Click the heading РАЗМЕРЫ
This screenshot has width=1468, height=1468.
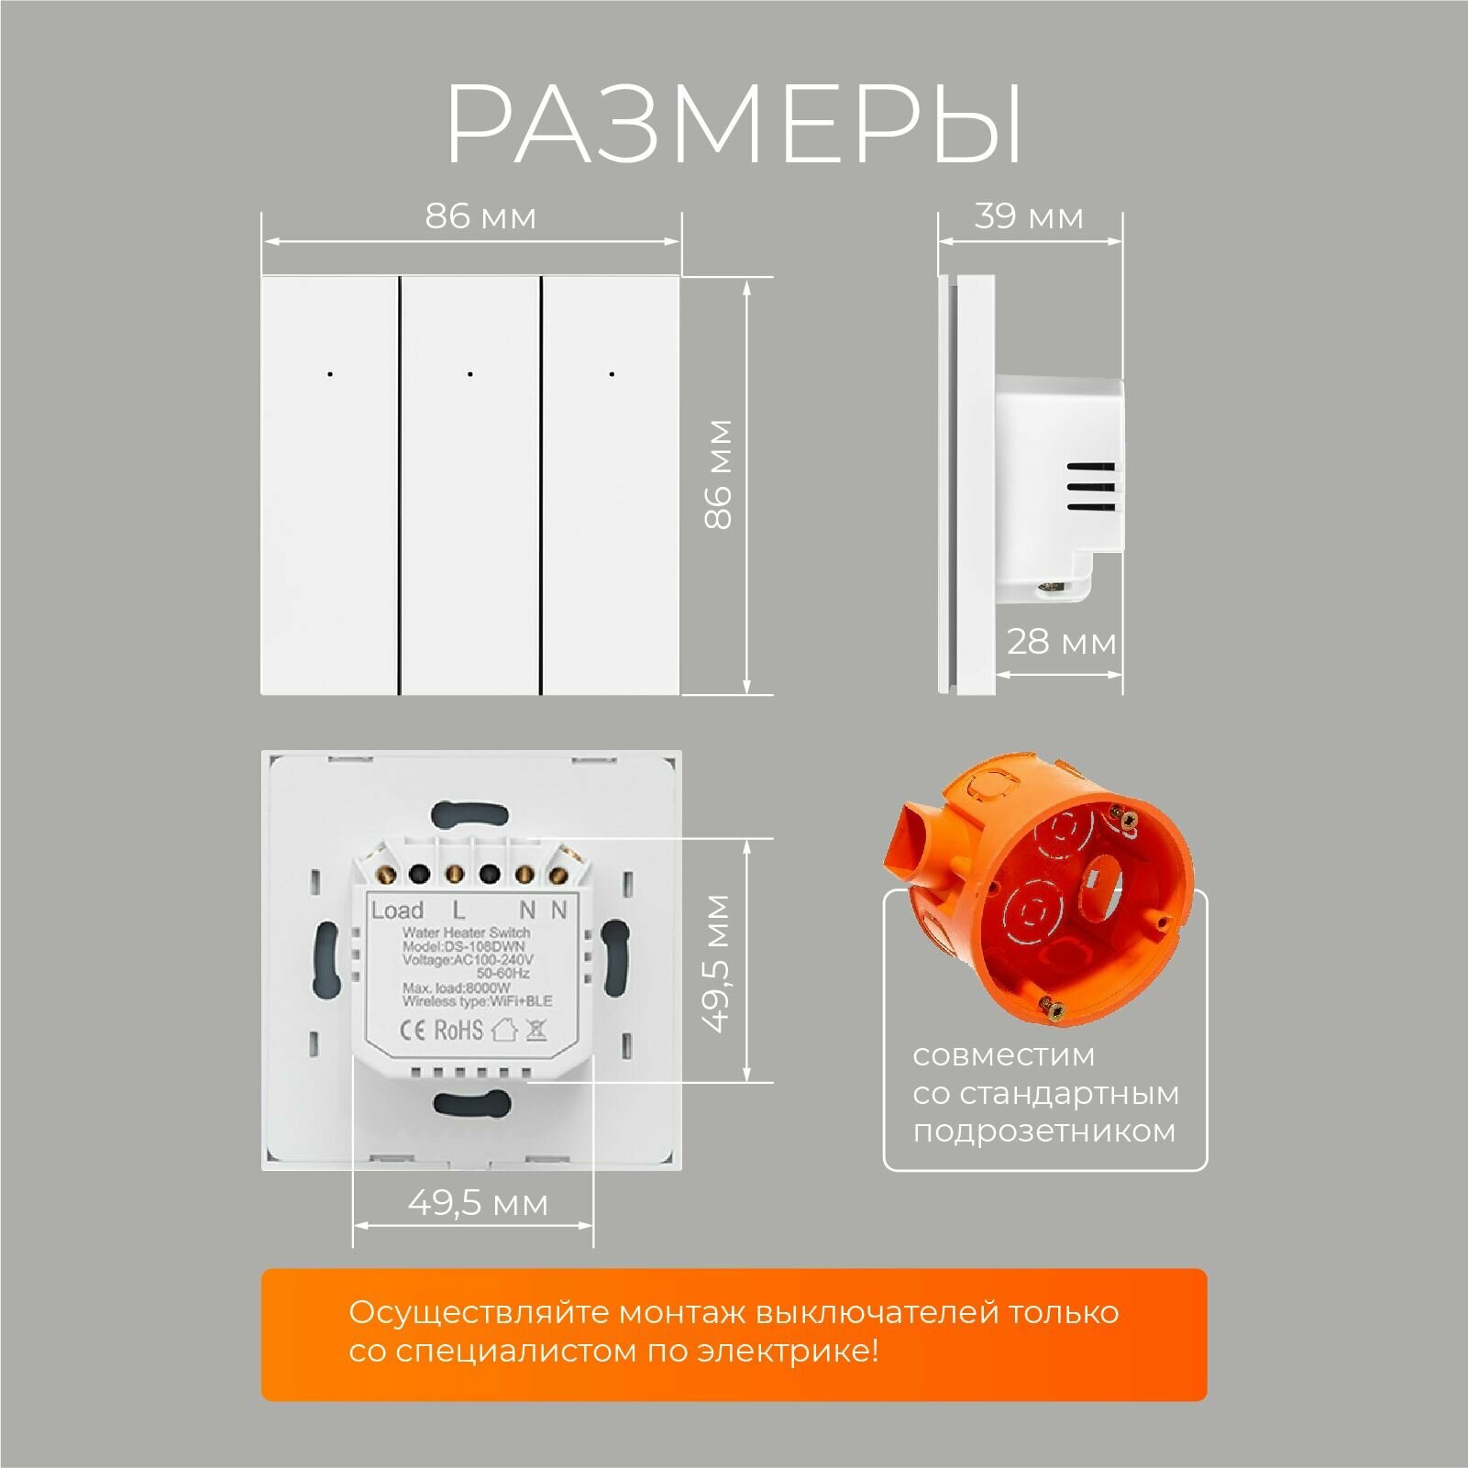pyautogui.click(x=734, y=126)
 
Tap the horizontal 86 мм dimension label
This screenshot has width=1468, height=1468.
pyautogui.click(x=480, y=217)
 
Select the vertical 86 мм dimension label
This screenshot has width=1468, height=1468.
pyautogui.click(x=719, y=474)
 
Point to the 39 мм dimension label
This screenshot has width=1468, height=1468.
pyautogui.click(x=1028, y=217)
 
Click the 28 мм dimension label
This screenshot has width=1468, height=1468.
pyautogui.click(x=1061, y=642)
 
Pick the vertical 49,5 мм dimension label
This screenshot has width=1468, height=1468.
pyautogui.click(x=719, y=963)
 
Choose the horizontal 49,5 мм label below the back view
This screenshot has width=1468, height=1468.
pyautogui.click(x=478, y=1203)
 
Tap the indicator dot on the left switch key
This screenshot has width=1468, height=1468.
pyautogui.click(x=329, y=374)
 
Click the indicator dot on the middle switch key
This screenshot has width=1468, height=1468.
pyautogui.click(x=469, y=374)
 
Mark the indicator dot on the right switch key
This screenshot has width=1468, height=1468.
pyautogui.click(x=612, y=374)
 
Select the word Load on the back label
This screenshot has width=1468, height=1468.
pyautogui.click(x=397, y=911)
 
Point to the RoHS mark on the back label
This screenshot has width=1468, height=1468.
pyautogui.click(x=458, y=1030)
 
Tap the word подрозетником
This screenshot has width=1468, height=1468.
pyautogui.click(x=1043, y=1131)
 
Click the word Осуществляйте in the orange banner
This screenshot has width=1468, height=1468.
pyautogui.click(x=479, y=1313)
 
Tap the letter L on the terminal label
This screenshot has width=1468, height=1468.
pyautogui.click(x=458, y=911)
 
